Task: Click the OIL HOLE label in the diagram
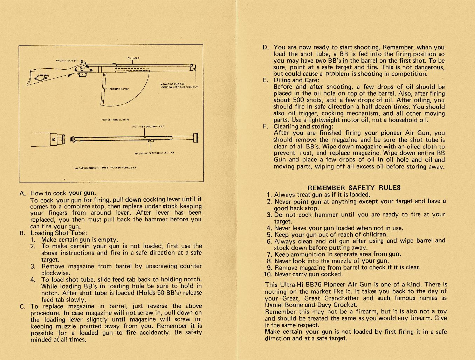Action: (x=133, y=58)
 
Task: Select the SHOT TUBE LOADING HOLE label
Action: (x=147, y=126)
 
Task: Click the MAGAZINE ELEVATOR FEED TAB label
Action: (x=154, y=153)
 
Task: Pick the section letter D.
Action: (x=266, y=47)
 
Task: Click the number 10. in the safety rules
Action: (x=268, y=274)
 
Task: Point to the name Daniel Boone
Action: (x=283, y=305)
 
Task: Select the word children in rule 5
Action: (x=373, y=235)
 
